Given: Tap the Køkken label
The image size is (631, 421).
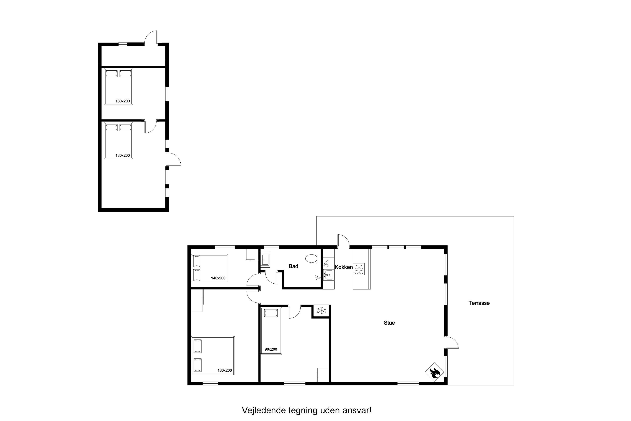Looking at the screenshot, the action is point(344,267).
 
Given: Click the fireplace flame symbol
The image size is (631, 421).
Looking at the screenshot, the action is point(434,372).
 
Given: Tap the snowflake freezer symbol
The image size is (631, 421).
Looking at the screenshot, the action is point(321,311).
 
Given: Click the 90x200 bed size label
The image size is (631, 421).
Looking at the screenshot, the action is point(271,349).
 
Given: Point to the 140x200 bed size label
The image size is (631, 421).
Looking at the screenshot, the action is point(218,278).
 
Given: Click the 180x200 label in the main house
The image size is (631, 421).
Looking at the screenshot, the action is point(225,371).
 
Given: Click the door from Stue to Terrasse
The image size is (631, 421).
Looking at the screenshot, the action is point(451,343).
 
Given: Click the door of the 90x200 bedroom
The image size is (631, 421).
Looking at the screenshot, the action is point(295,312).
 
